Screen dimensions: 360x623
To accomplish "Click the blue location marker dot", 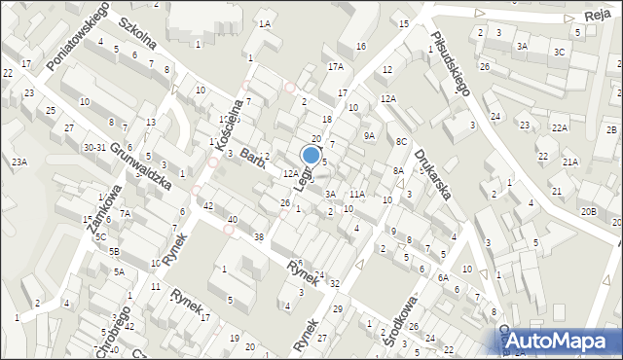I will [x=311, y=155].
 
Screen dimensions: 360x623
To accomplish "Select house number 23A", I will [x=18, y=162].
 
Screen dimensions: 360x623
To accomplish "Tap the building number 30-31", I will [x=94, y=147].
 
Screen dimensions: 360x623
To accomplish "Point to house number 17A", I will [x=336, y=66].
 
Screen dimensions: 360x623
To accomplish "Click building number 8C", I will [x=400, y=141].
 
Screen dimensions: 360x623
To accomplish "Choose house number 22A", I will [x=559, y=127].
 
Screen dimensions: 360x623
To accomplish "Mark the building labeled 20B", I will [x=588, y=211].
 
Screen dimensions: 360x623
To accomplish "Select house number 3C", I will [x=559, y=51].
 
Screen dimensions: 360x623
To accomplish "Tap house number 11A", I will [x=357, y=195].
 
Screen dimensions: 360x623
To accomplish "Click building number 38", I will [x=258, y=237].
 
